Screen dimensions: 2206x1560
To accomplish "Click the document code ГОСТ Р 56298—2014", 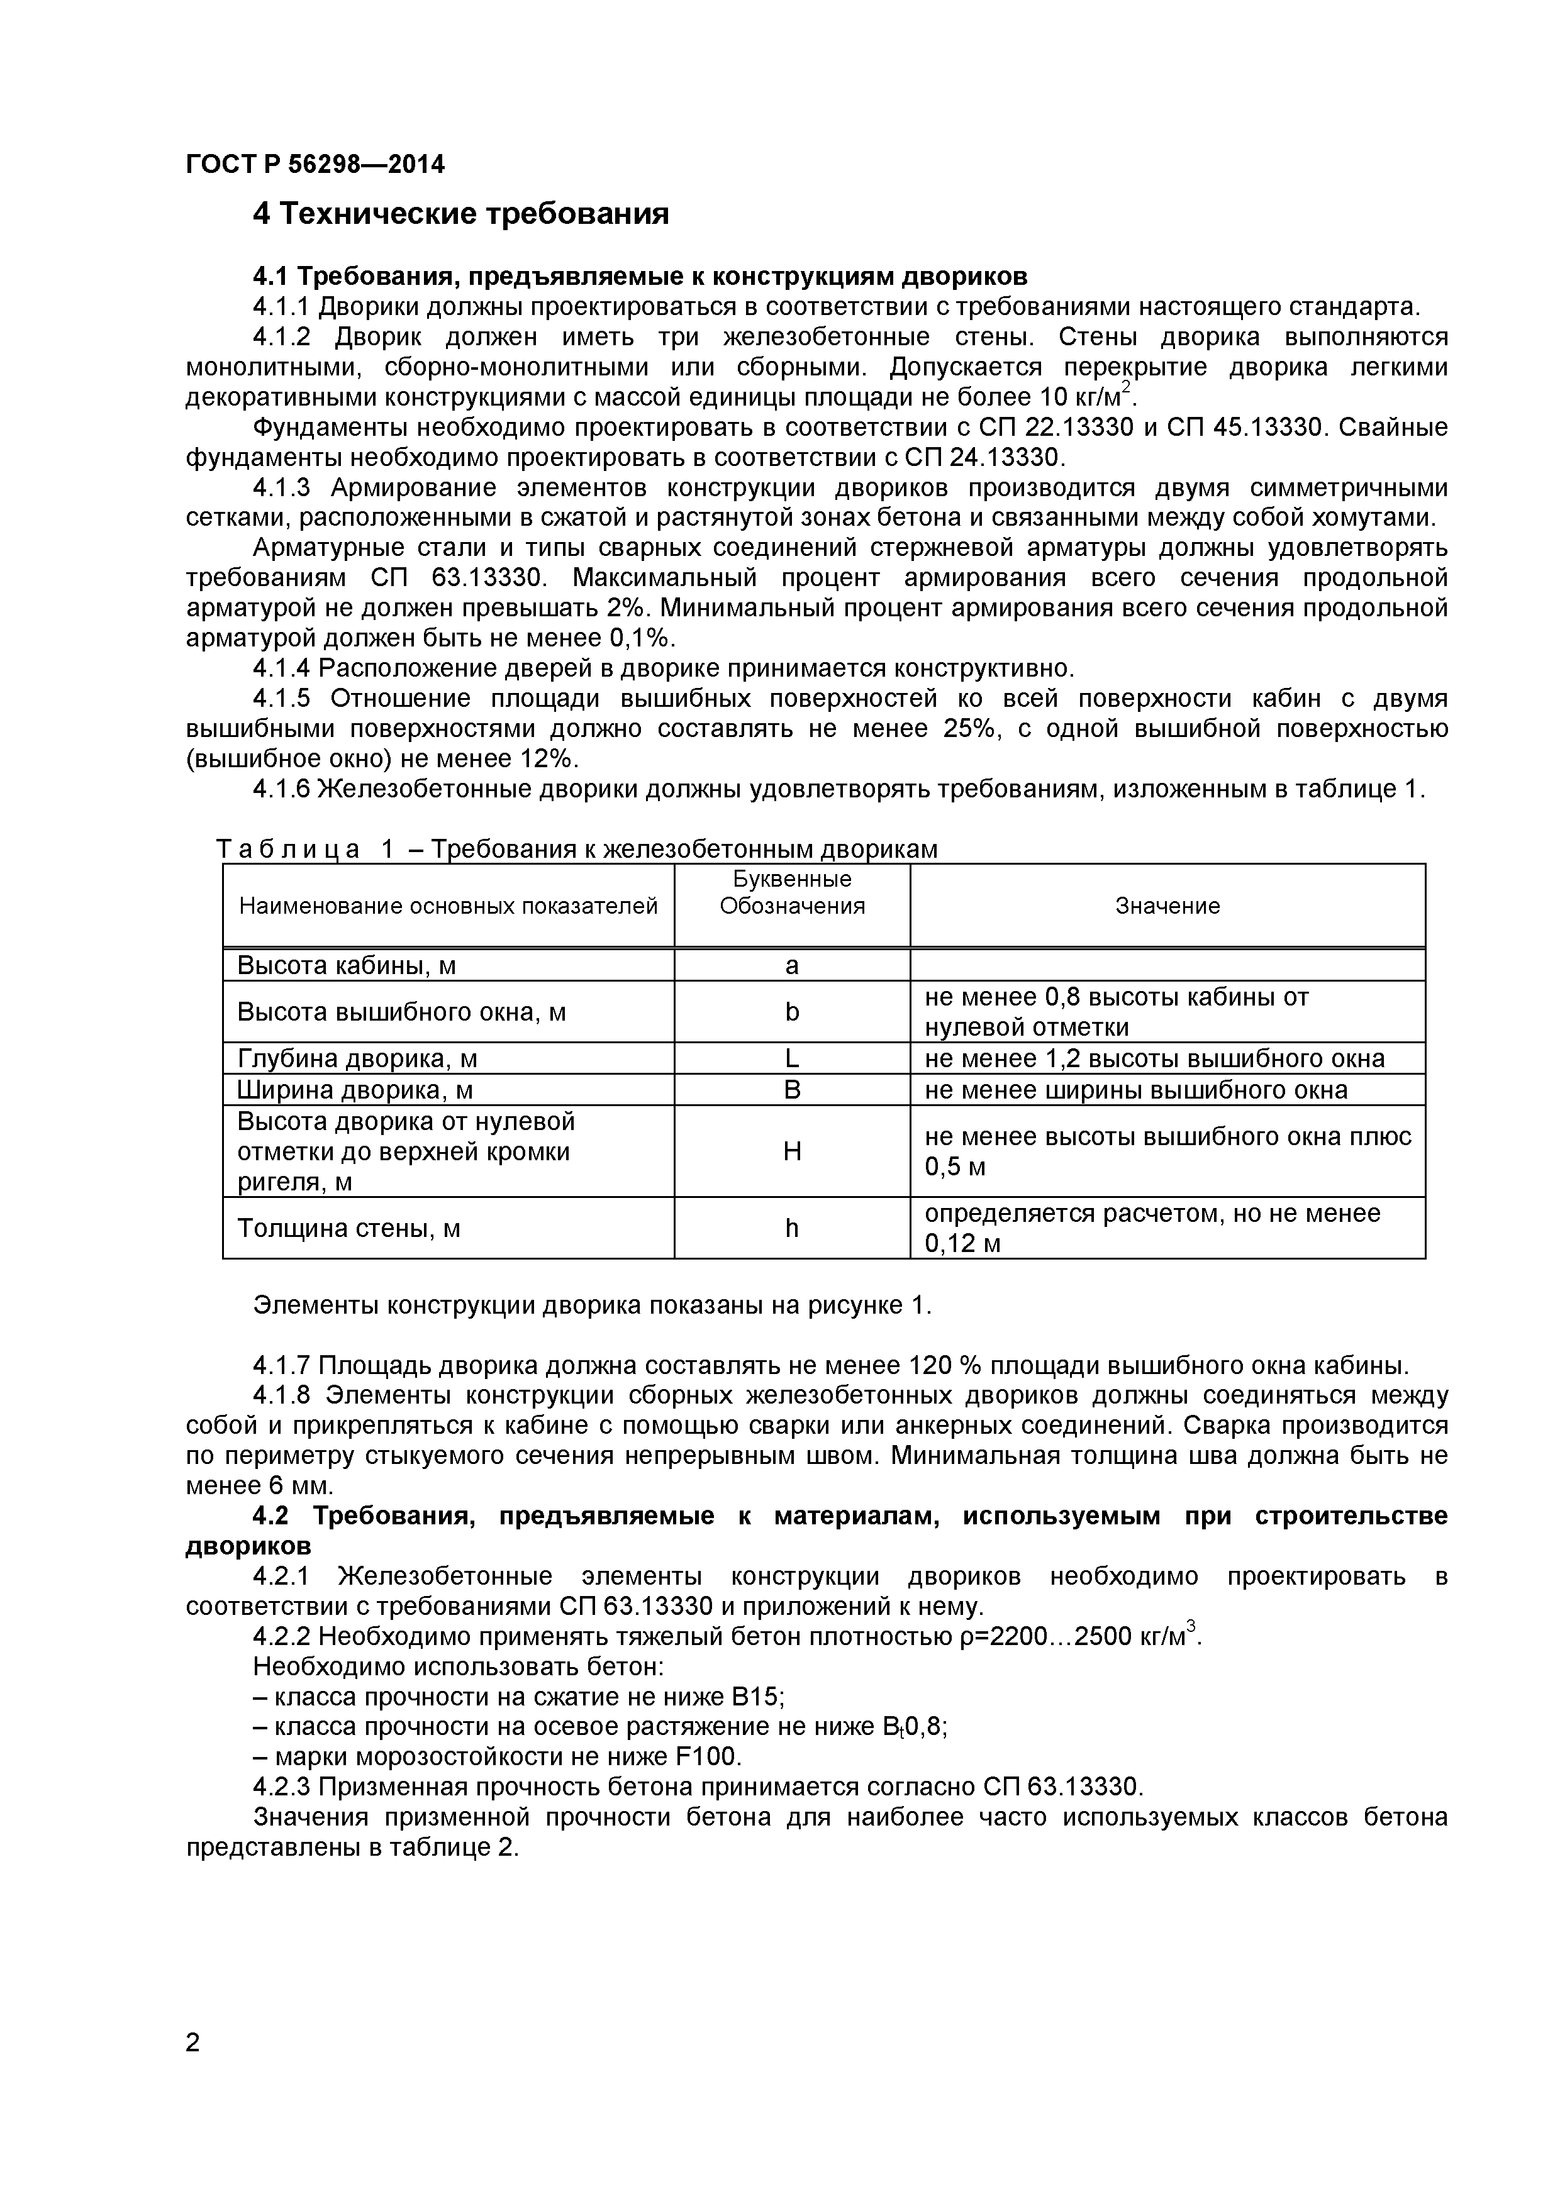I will tap(315, 164).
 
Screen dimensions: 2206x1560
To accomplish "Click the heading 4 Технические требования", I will tap(460, 213).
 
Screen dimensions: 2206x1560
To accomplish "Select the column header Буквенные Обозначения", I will tap(792, 892).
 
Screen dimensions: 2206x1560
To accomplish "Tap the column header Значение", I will tap(1167, 906).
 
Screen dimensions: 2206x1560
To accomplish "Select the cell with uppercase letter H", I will tap(791, 1151).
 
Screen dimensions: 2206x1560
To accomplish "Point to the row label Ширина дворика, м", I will tap(355, 1090).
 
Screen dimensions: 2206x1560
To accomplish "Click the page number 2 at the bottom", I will tap(193, 2070).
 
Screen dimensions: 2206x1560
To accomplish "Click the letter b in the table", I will tap(791, 1012).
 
